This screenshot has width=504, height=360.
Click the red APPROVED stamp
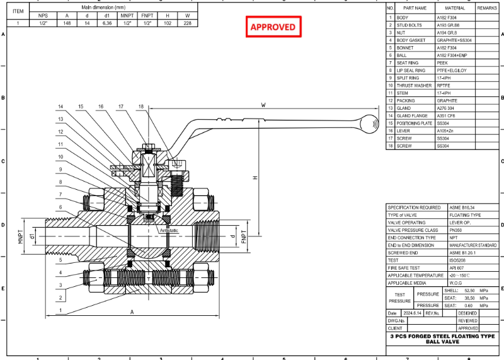pyautogui.click(x=273, y=27)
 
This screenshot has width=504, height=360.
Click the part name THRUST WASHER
pyautogui.click(x=414, y=85)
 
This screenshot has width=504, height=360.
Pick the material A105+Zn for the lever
pyautogui.click(x=448, y=131)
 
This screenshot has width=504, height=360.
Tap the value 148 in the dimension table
pyautogui.click(x=67, y=23)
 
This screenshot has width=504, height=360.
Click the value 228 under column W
pyautogui.click(x=187, y=23)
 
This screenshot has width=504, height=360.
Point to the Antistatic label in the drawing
pyautogui.click(x=169, y=231)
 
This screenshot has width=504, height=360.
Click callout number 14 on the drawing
pyautogui.click(x=61, y=107)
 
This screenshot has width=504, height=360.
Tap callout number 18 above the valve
pyautogui.click(x=141, y=107)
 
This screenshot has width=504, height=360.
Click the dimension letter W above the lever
pyautogui.click(x=263, y=105)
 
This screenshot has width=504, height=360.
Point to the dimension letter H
pyautogui.click(x=255, y=178)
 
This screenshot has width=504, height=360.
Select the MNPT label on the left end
pyautogui.click(x=20, y=238)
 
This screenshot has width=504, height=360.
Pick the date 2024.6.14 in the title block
pyautogui.click(x=411, y=313)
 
